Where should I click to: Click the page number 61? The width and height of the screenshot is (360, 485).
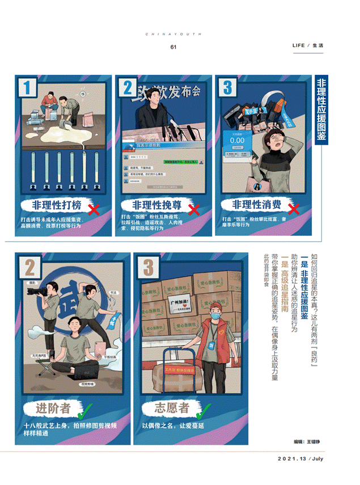click(x=173, y=47)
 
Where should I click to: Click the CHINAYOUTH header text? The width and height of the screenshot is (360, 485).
click(x=173, y=34)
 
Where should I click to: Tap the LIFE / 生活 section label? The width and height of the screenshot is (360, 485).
click(x=308, y=45)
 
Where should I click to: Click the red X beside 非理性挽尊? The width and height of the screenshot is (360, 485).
click(x=193, y=209)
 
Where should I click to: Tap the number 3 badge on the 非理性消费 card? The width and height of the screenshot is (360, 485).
click(x=228, y=88)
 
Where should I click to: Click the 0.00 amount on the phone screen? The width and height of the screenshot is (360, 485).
click(x=237, y=140)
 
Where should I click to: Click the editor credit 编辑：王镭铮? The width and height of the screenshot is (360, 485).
click(x=311, y=440)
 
